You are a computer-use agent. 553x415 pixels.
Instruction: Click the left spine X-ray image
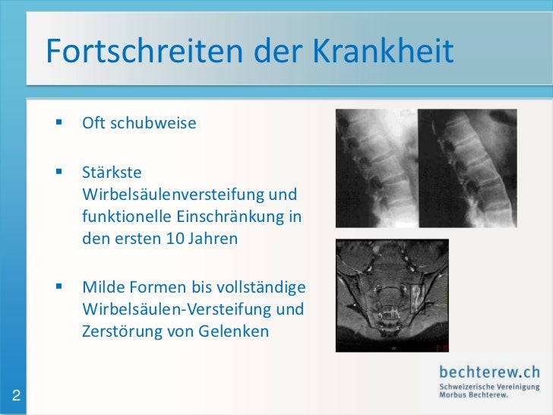click(374, 169)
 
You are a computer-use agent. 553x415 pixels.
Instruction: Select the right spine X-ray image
click(467, 169)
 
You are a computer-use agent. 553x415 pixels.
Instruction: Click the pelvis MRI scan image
click(392, 295)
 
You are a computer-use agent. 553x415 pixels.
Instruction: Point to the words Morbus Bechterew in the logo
click(473, 395)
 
